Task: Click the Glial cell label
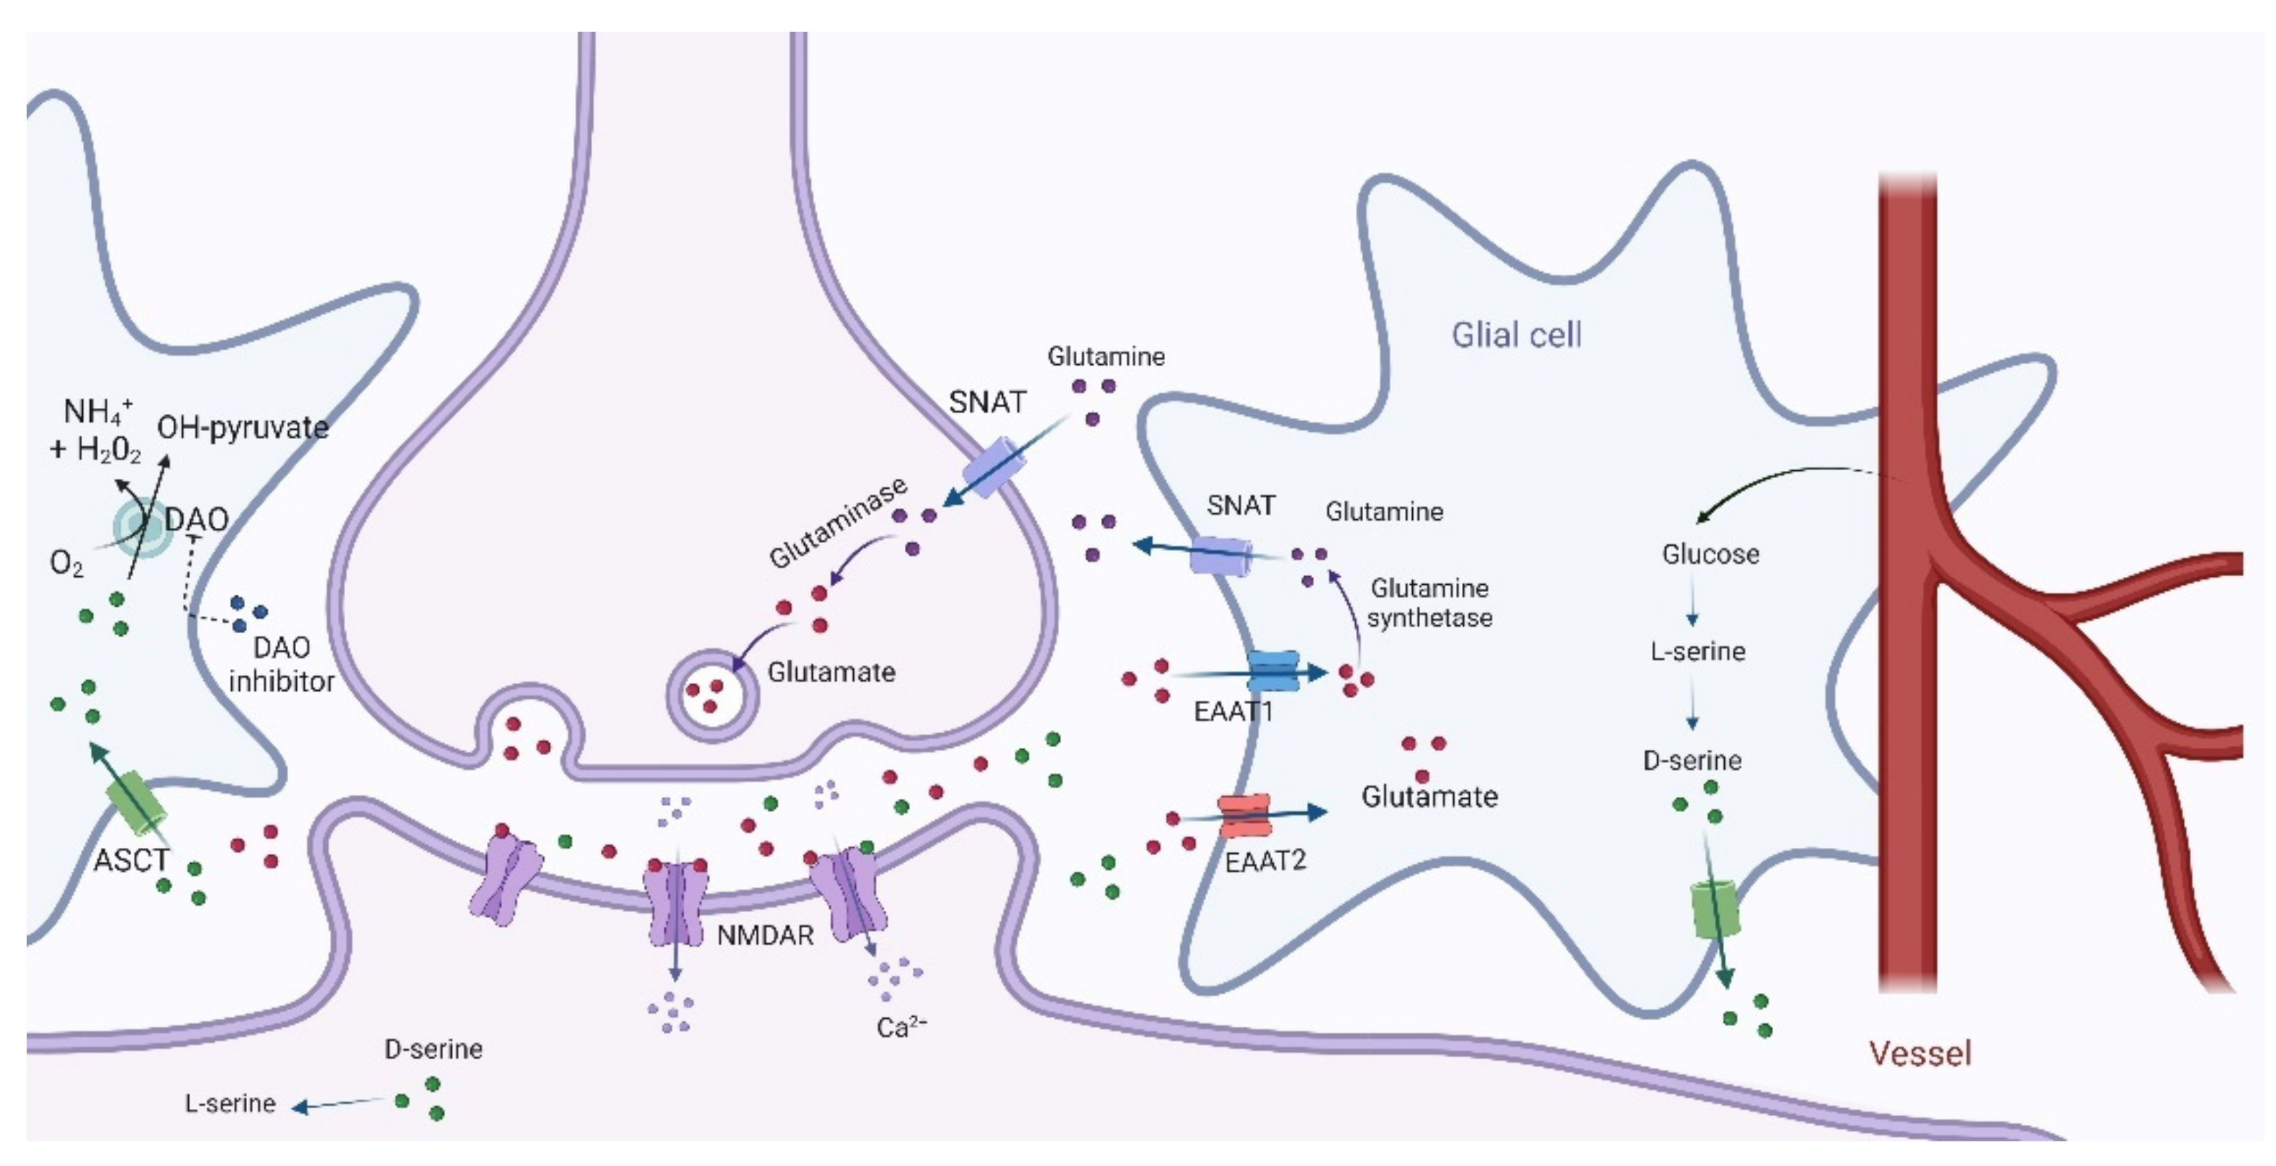tap(1516, 335)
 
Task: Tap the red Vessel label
tap(1920, 1053)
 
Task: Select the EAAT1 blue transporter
tap(1272, 671)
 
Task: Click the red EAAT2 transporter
tap(1244, 814)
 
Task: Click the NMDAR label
tap(764, 935)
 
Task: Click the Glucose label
tap(1710, 555)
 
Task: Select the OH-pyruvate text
tap(242, 428)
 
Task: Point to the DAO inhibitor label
tap(281, 665)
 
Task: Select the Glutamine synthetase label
tap(1429, 603)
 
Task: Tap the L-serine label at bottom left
tap(230, 1103)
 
